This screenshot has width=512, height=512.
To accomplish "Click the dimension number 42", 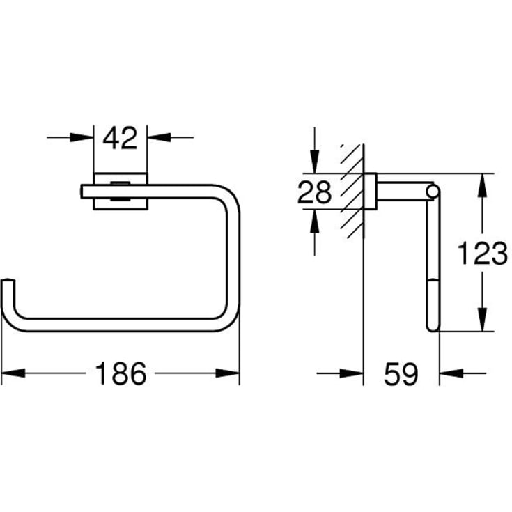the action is [120, 138].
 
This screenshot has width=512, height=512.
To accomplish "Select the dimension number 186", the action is [121, 373].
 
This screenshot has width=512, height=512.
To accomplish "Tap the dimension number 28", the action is [314, 192].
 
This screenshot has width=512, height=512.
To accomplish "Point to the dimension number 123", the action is [482, 254].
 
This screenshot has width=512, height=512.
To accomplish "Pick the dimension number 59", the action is [401, 374].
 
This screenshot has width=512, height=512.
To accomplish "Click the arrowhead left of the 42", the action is [82, 137].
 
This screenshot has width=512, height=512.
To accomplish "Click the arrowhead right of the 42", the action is [159, 137].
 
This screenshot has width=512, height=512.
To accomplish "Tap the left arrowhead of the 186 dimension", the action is [13, 373].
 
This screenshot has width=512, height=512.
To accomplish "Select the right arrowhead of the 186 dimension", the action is [227, 373].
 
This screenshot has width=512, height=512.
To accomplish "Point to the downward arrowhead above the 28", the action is [314, 162].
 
